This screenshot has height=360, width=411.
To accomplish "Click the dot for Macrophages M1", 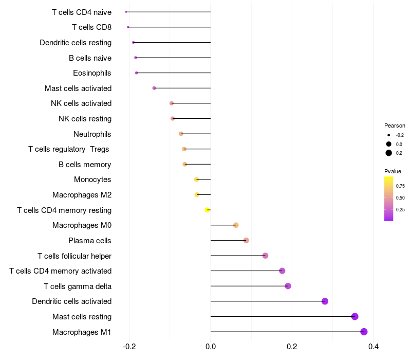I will (364, 332).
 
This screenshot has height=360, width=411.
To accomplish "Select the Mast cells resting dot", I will (354, 316).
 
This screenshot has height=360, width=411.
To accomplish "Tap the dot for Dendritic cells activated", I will (325, 301).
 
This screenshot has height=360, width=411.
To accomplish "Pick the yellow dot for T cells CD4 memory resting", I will (207, 210).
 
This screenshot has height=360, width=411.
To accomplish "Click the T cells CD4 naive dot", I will (126, 12).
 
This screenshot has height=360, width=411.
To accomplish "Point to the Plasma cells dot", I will (246, 240).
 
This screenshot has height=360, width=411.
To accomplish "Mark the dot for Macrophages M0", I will (236, 225).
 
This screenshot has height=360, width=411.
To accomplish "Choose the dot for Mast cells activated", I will (154, 88).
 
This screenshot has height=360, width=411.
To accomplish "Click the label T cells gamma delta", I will (78, 286).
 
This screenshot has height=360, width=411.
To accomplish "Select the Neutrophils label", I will (92, 134).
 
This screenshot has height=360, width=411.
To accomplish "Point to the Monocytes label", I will (92, 179).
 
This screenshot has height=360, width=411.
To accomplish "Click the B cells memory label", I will (85, 165).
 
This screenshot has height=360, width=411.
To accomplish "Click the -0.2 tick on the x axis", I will (129, 346).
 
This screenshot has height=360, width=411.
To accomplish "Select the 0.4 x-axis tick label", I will (373, 346).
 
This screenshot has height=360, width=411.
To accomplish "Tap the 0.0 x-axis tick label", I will (211, 346).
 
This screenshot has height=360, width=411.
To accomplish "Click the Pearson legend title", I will (395, 125).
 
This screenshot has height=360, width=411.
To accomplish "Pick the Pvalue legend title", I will (393, 171).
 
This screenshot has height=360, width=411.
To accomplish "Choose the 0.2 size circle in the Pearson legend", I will (389, 153).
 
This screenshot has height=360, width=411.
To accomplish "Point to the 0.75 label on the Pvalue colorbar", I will (400, 186).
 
